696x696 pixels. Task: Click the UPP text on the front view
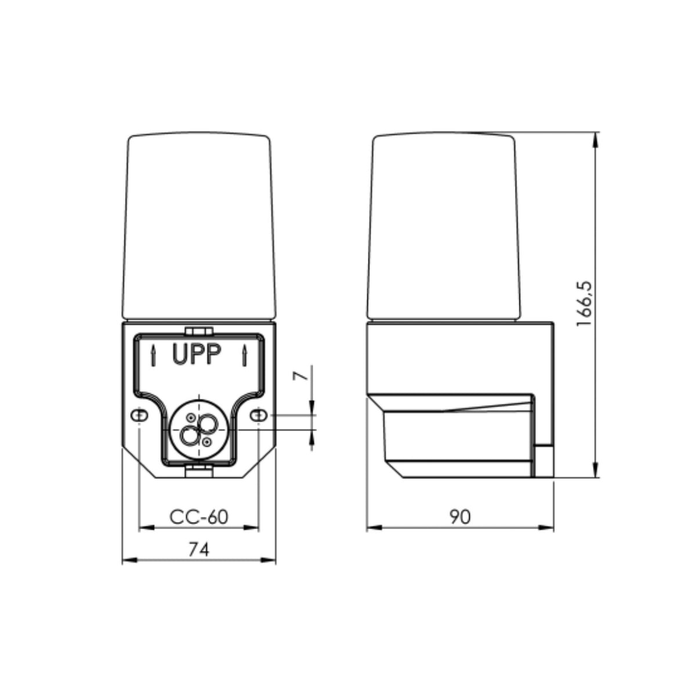[x=197, y=355]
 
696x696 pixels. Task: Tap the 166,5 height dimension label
[x=584, y=304]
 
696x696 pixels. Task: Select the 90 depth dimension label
[x=460, y=517]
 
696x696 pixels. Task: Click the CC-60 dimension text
[x=199, y=517]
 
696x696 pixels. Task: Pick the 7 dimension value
[x=300, y=376]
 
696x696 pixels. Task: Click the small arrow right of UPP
[x=245, y=356]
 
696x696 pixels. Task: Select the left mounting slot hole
[x=139, y=416]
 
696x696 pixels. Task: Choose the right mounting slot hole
[x=259, y=416]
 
